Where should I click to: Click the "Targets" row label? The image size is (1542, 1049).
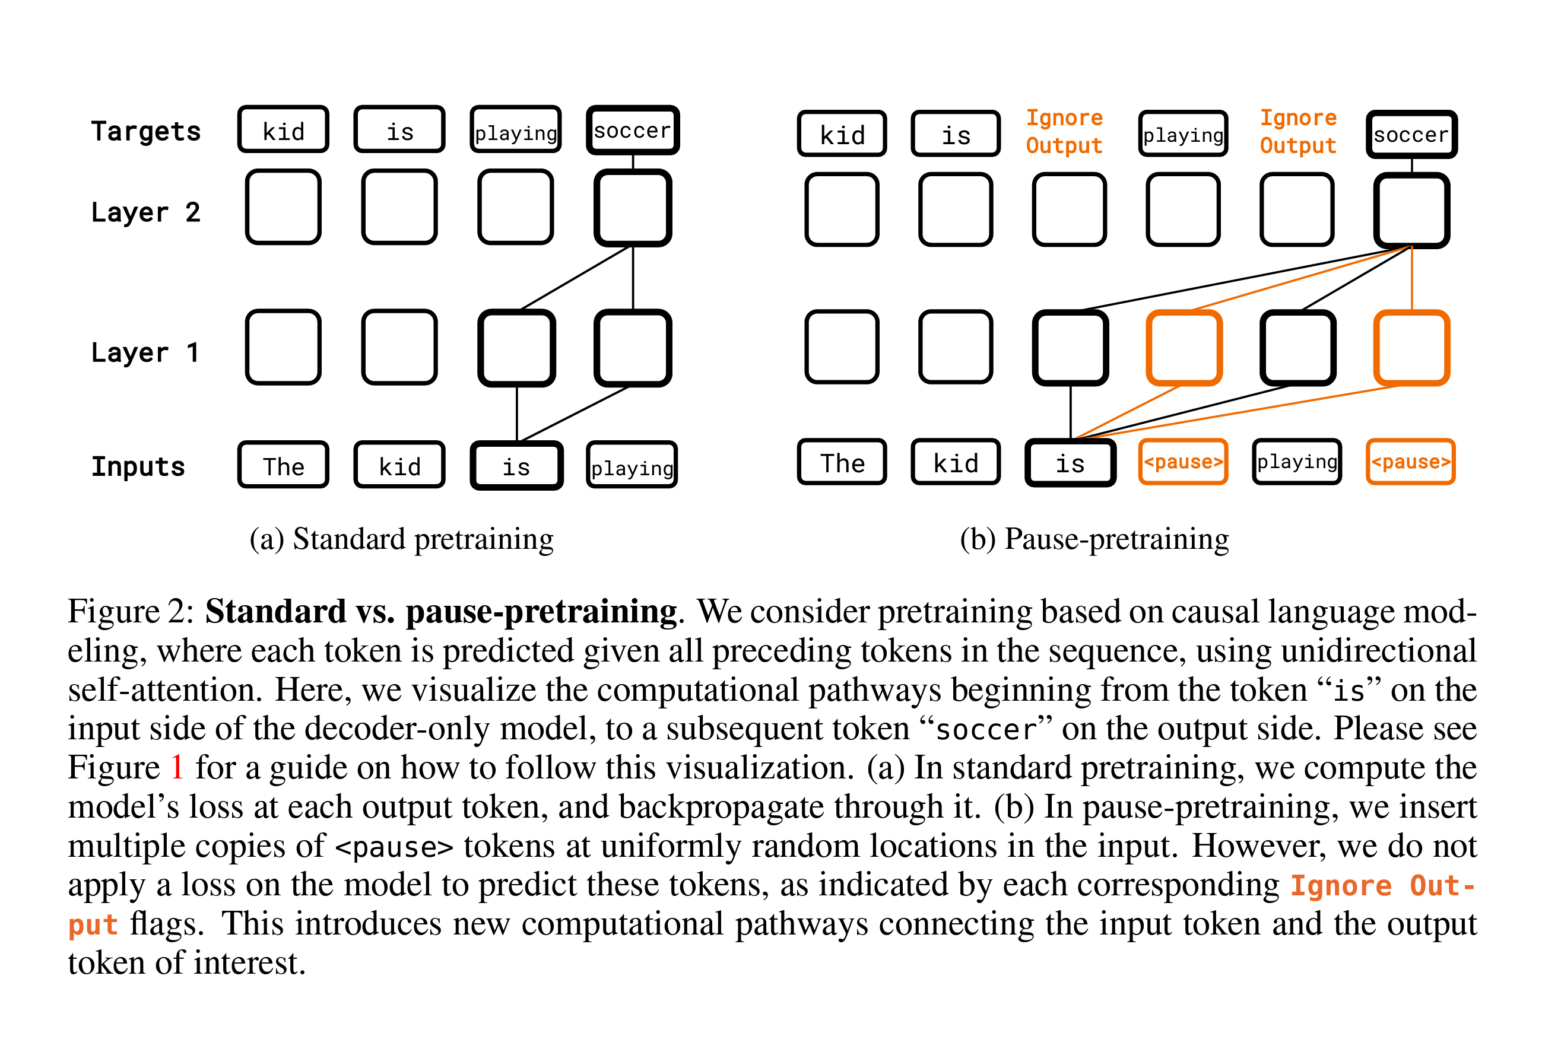[x=145, y=131]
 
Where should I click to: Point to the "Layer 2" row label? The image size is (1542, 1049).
[x=145, y=212]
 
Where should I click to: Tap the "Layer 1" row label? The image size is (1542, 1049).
[x=145, y=352]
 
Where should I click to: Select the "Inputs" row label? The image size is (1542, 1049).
[x=138, y=466]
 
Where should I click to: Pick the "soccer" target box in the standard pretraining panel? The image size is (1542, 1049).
[x=632, y=130]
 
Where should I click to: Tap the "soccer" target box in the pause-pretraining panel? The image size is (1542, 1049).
[x=1411, y=134]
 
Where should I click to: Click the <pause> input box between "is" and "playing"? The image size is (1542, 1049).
[x=1182, y=462]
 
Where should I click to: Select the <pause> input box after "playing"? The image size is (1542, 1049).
[x=1410, y=462]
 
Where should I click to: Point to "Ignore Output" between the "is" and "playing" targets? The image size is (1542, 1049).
[x=1064, y=131]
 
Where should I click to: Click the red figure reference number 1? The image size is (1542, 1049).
[x=176, y=767]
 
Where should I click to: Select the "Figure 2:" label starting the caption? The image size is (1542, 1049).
[x=131, y=611]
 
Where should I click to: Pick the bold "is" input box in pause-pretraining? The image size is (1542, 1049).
[x=1070, y=463]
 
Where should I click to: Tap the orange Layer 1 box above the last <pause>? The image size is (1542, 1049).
[x=1411, y=348]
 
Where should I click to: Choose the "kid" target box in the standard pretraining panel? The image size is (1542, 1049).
[x=283, y=130]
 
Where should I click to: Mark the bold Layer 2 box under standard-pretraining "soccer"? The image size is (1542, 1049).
[x=632, y=208]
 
